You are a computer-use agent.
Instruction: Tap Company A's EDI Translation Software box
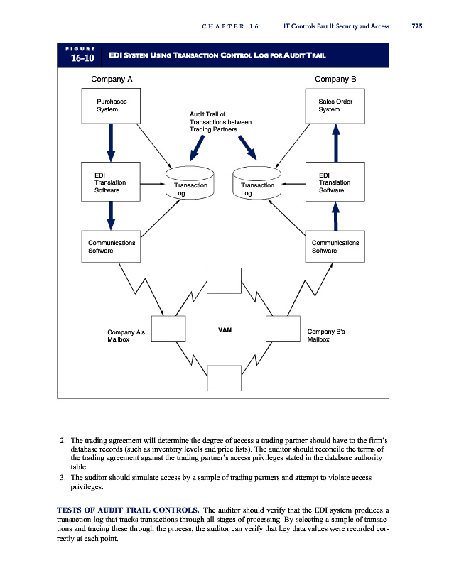tap(111, 181)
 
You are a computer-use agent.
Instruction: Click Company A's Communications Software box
tap(111, 246)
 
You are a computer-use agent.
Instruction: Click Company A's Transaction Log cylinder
tap(190, 184)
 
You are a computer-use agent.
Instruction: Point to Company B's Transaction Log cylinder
tap(256, 184)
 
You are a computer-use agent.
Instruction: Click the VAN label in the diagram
tap(225, 330)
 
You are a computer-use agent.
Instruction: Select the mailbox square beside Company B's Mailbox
tap(283, 329)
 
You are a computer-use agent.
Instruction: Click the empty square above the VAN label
tap(225, 282)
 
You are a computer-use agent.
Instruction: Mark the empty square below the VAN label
tap(225, 377)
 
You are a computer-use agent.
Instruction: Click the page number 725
tap(416, 26)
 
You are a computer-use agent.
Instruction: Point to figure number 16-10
tap(79, 58)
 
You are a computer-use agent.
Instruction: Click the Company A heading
tap(108, 78)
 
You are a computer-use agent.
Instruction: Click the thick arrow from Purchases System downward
tap(111, 141)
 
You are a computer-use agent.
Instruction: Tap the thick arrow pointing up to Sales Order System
tap(336, 143)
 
